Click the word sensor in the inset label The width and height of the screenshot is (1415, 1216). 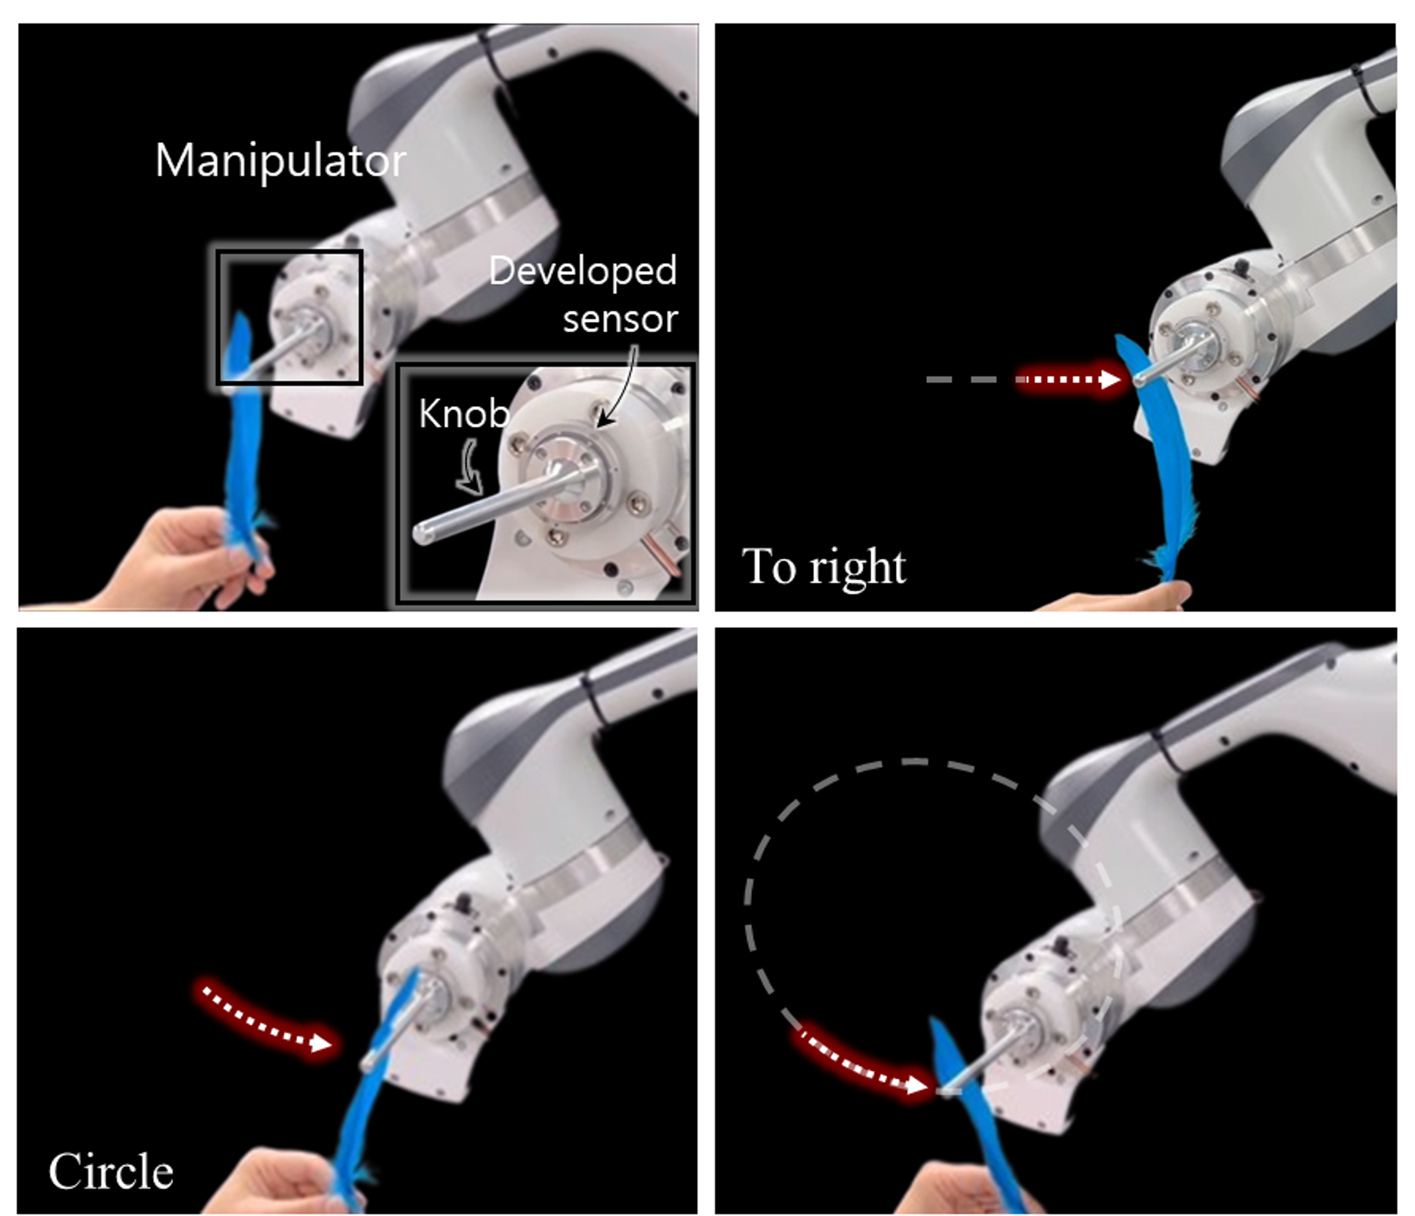click(x=620, y=319)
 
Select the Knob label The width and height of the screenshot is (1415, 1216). click(x=464, y=414)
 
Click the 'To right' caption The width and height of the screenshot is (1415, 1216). click(x=824, y=566)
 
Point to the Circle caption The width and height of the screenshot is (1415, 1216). click(x=111, y=1172)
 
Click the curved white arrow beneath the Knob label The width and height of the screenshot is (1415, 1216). click(x=470, y=467)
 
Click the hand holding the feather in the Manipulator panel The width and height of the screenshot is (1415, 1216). click(x=181, y=559)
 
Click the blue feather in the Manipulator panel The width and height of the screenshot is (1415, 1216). click(x=242, y=437)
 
